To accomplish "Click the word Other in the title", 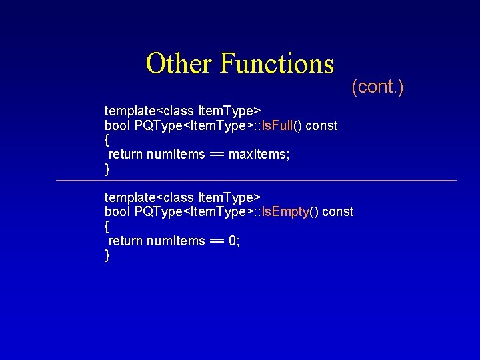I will point(179,64).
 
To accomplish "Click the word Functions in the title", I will point(276,64).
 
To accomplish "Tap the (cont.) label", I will point(377,87).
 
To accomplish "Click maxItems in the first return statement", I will point(259,155).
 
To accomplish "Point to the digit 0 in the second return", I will point(233,241).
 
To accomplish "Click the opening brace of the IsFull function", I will point(107,140).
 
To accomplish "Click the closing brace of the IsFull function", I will point(107,169).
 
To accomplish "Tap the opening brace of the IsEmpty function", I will point(107,227).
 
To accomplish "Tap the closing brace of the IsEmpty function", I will point(107,256).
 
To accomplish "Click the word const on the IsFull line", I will point(321,125).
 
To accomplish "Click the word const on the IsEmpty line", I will point(338,212).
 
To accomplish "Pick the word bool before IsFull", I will point(117,125).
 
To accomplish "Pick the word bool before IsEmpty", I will point(117,212).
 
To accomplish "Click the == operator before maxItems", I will point(217,155).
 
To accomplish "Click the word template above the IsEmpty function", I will point(130,197).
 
